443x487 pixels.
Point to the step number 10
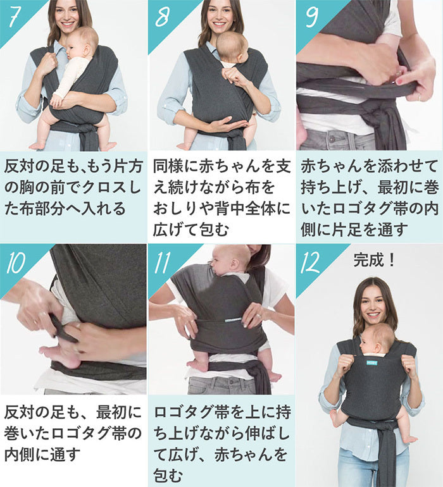click(x=16, y=262)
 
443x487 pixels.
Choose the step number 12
click(x=310, y=262)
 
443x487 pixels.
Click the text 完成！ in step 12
click(x=374, y=260)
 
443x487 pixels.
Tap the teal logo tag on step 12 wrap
click(x=371, y=362)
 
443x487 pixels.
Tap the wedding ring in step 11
click(x=259, y=316)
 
